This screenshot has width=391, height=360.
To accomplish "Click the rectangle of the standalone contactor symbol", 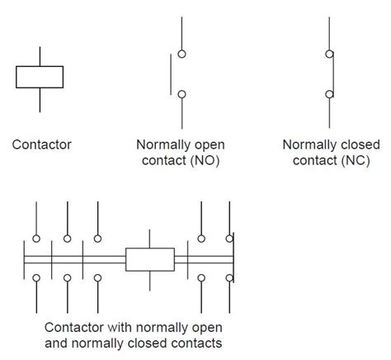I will click(x=40, y=76).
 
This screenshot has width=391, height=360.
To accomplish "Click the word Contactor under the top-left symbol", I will click(x=41, y=144).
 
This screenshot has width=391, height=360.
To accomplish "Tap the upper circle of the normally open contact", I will click(x=181, y=54).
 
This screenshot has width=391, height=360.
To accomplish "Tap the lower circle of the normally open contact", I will click(x=181, y=94).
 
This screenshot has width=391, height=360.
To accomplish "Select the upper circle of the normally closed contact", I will click(x=329, y=54).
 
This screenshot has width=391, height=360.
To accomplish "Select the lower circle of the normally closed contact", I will click(x=329, y=94).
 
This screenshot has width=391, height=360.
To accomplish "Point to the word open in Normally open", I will click(x=210, y=144).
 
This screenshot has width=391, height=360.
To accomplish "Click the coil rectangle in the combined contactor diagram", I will click(x=149, y=259).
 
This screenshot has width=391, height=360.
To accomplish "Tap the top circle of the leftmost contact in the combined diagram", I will click(x=35, y=239).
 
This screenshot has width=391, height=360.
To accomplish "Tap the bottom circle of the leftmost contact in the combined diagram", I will click(x=35, y=278).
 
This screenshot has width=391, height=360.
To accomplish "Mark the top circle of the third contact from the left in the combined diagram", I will click(x=98, y=239).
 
